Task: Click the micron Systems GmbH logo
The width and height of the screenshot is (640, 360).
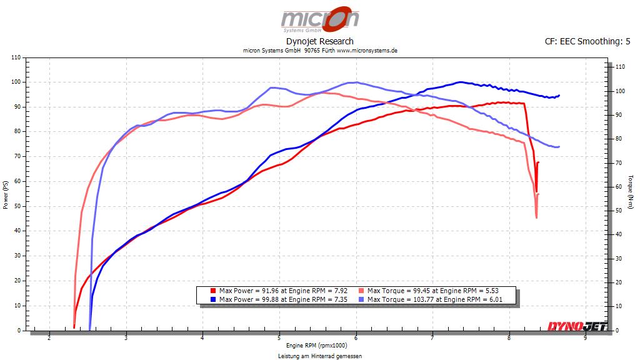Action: [x=319, y=19]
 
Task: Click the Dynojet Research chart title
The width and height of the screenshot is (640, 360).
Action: [x=319, y=41]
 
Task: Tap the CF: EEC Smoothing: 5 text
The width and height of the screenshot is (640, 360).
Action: [x=587, y=41]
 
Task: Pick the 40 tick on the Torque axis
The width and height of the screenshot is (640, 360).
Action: [x=617, y=234]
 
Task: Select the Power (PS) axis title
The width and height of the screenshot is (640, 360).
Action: [x=6, y=194]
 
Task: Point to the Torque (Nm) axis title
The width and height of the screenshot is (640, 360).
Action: [x=632, y=194]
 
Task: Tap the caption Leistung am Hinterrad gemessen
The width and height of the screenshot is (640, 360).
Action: [x=319, y=356]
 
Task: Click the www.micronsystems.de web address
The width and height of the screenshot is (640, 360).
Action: [x=367, y=51]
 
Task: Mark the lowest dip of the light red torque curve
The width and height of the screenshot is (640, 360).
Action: [x=536, y=217]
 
